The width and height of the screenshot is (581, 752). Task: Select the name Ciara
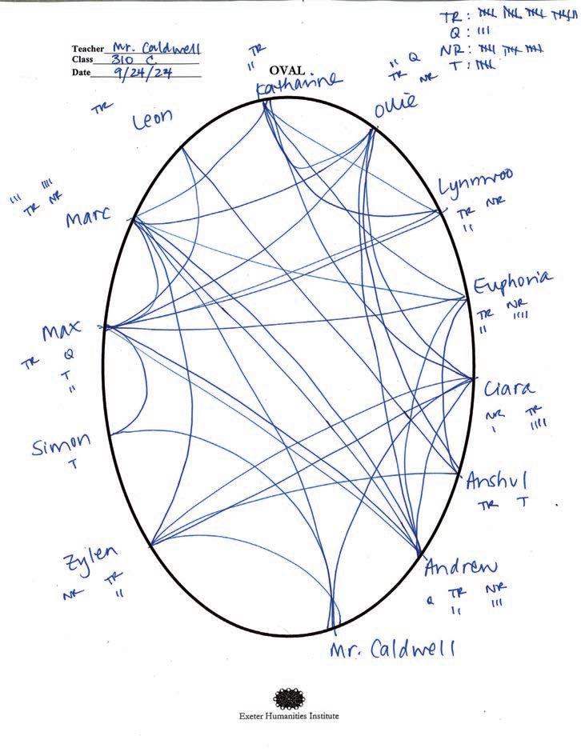coord(509,390)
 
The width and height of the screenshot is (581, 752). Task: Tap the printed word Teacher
coord(88,49)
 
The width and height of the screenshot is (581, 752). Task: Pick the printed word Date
coord(81,72)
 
